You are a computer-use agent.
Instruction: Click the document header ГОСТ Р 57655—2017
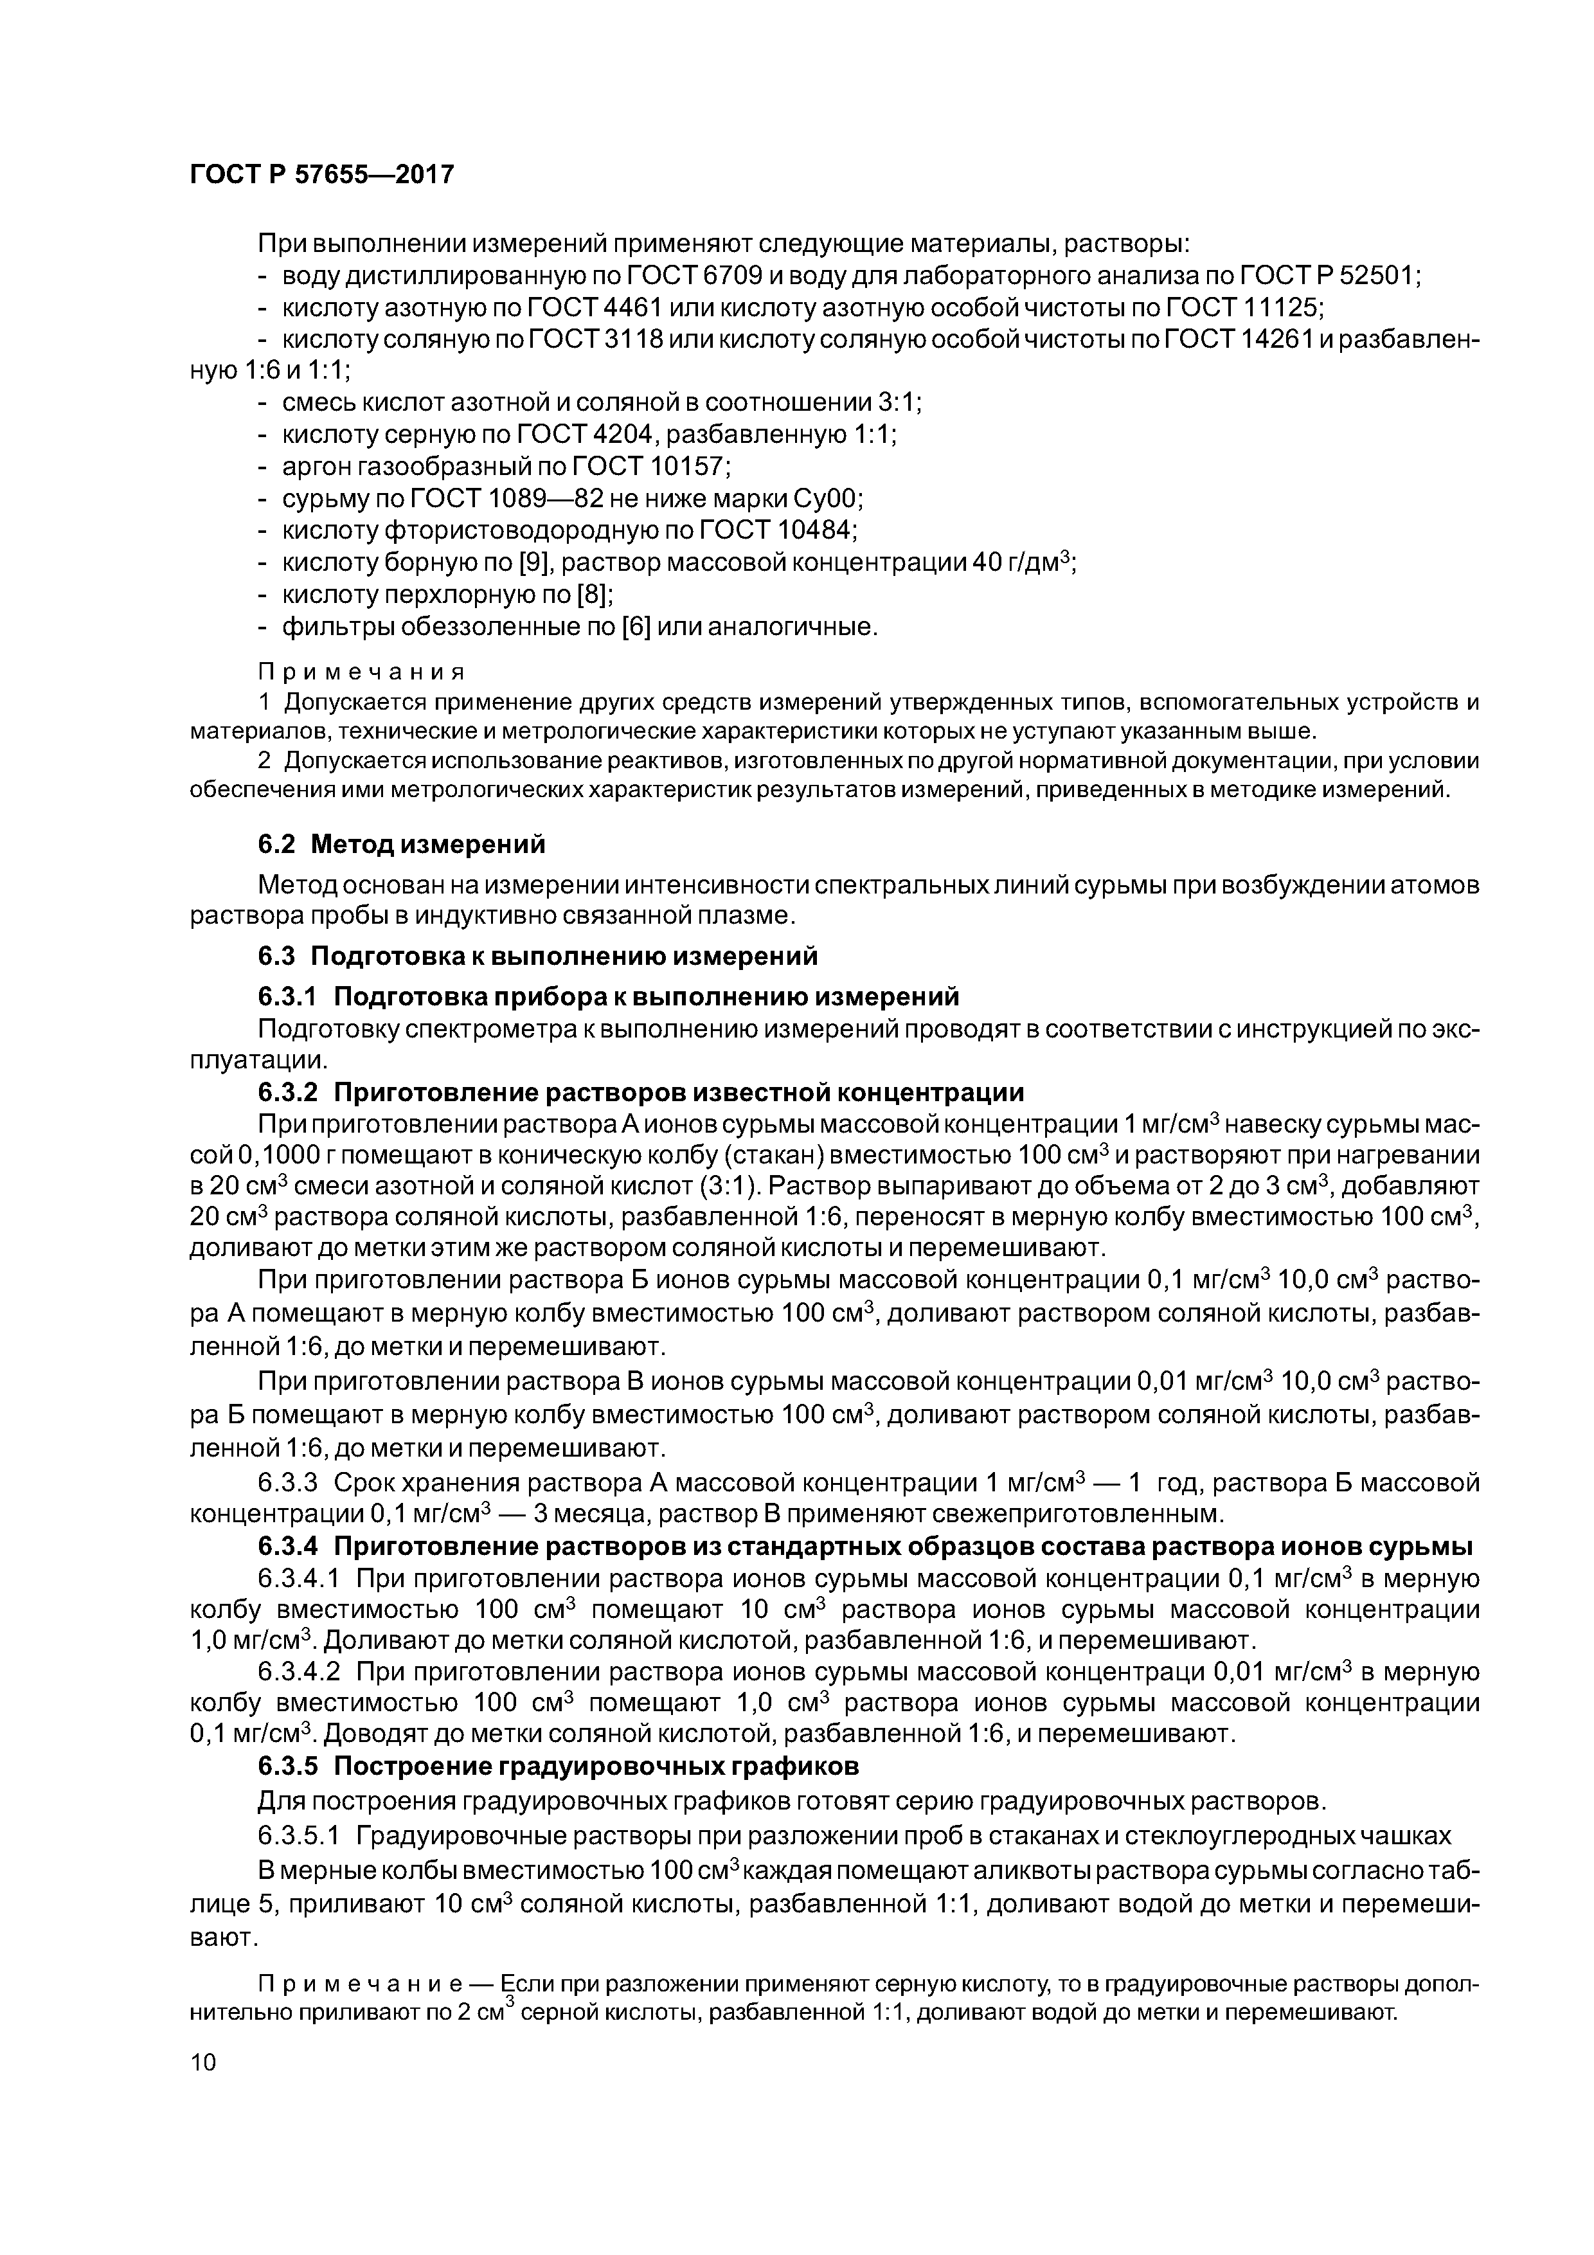tap(321, 175)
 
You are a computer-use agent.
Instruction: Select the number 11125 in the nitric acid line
tap(1281, 309)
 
